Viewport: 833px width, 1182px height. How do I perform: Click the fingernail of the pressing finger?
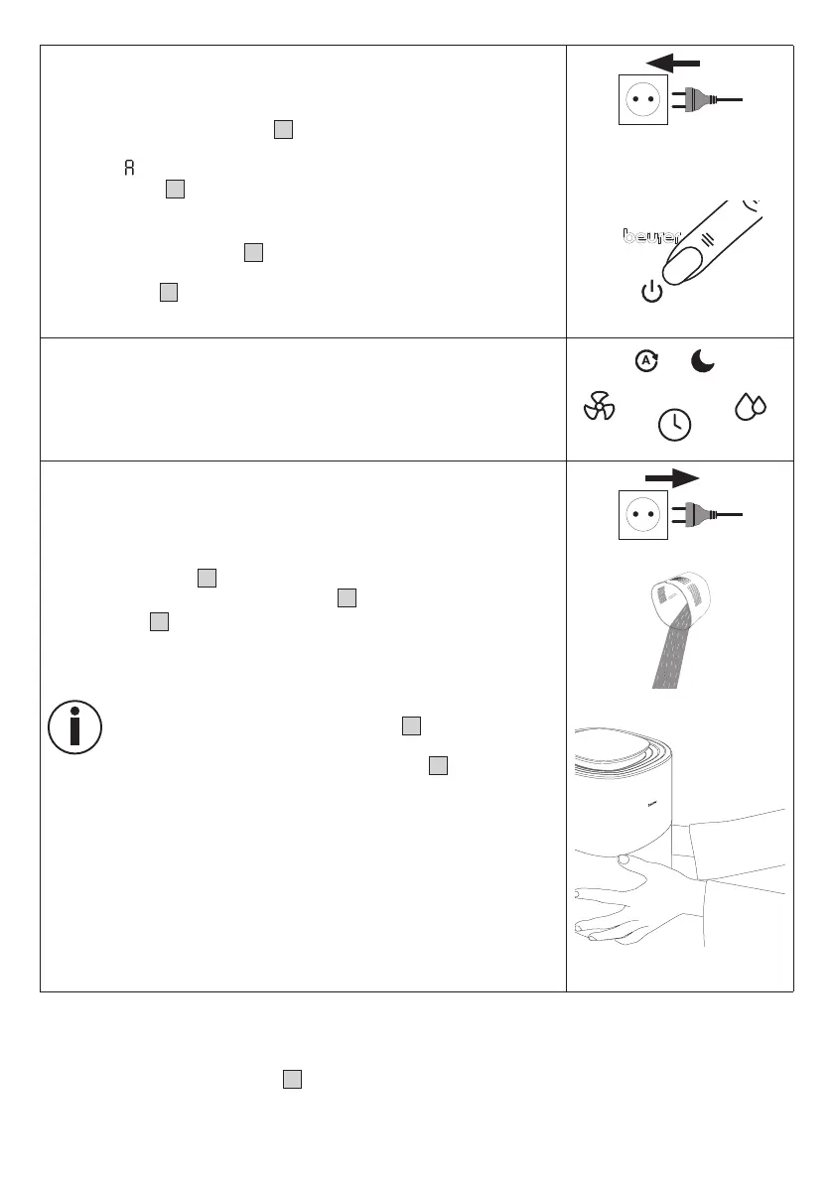(685, 264)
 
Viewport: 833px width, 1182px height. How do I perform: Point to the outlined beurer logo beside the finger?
(651, 237)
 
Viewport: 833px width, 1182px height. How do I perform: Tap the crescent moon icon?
(703, 362)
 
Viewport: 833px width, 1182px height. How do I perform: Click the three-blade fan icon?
(599, 407)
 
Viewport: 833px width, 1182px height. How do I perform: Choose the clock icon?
(675, 424)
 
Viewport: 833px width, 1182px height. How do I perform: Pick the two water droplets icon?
(749, 407)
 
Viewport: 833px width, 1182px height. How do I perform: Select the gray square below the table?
(291, 1080)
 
